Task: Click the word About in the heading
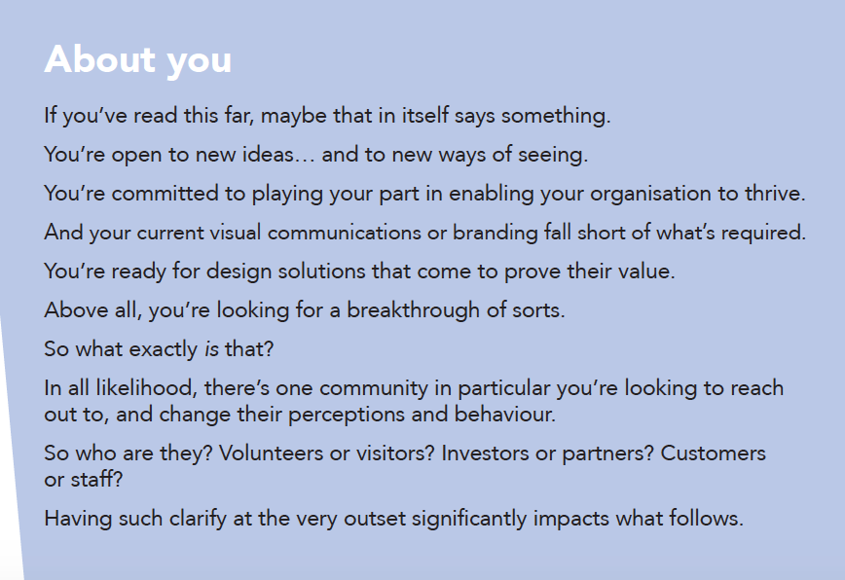[100, 58]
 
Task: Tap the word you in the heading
[200, 62]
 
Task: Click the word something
[556, 116]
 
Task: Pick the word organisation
[650, 194]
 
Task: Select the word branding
[496, 233]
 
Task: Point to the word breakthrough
[414, 310]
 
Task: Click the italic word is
[212, 349]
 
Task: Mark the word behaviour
[505, 415]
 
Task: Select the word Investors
[485, 453]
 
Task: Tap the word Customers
[713, 453]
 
